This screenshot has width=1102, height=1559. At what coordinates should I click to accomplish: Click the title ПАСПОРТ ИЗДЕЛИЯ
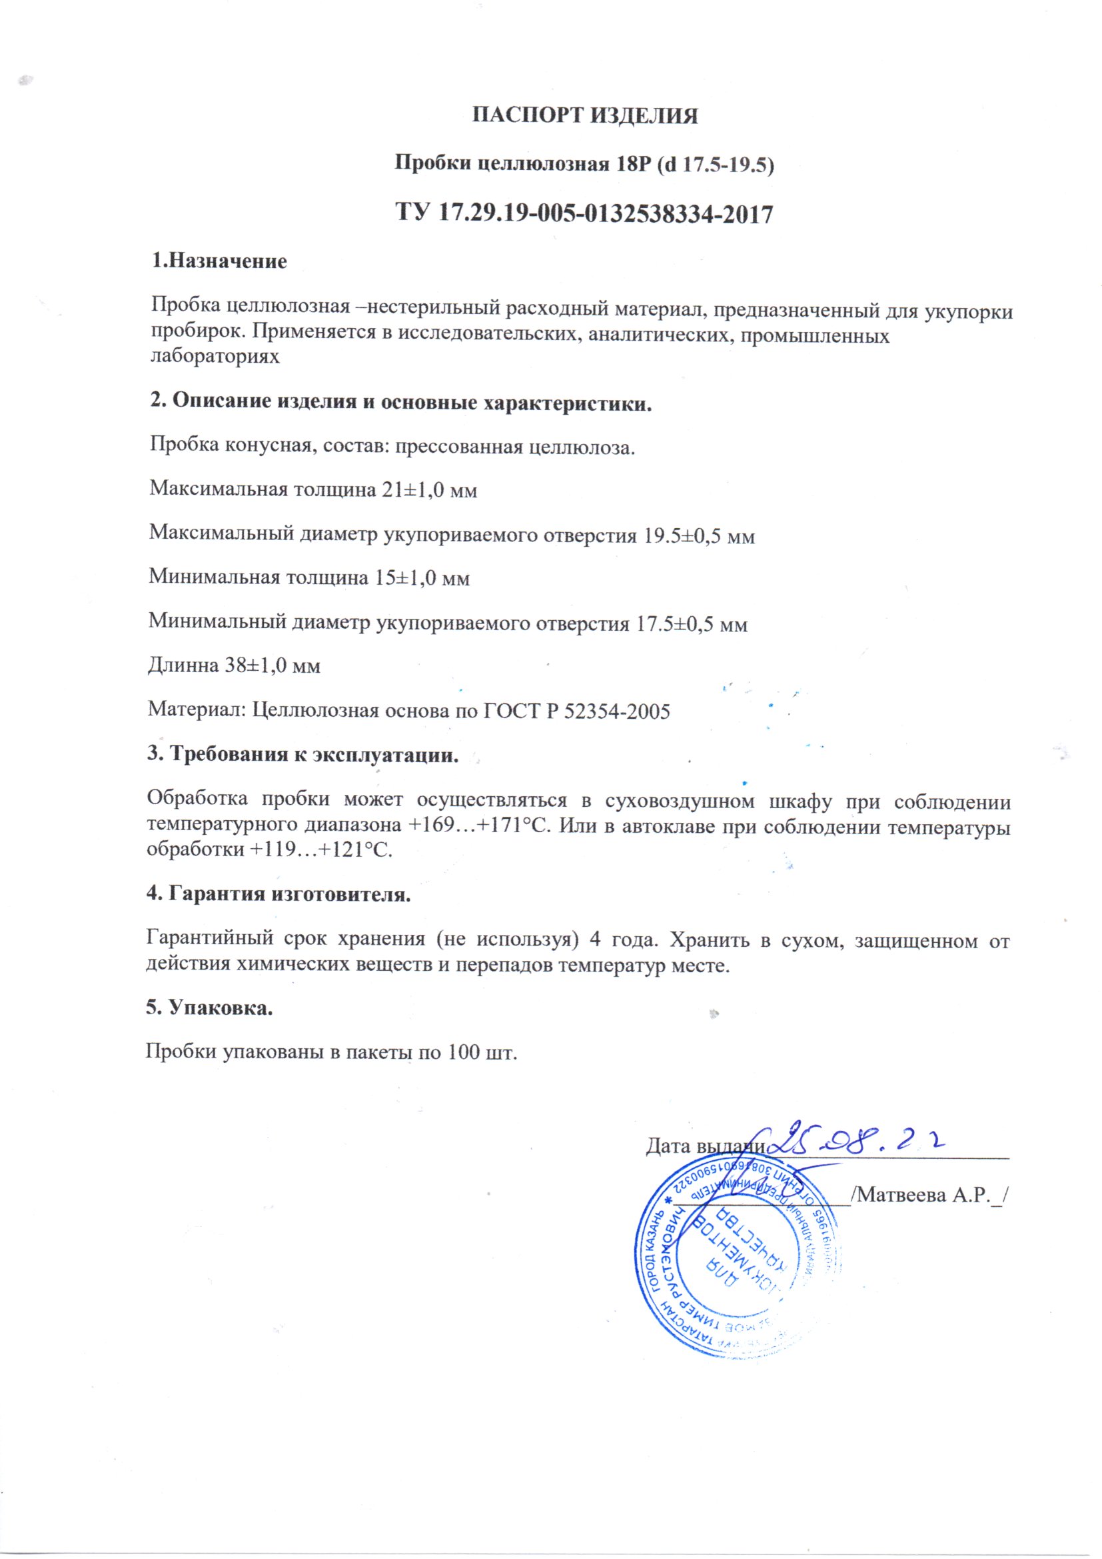(584, 115)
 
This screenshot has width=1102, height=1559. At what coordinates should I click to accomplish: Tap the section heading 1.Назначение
(219, 261)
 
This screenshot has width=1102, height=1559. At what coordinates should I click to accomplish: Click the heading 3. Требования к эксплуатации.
(302, 754)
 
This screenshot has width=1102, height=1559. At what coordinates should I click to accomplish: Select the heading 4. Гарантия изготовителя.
(279, 894)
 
